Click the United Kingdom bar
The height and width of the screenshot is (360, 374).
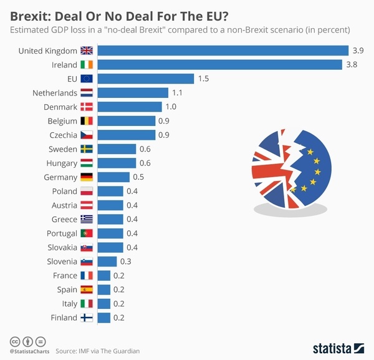pos(223,51)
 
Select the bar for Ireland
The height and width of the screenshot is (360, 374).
pos(220,64)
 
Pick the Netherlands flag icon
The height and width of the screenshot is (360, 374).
pos(87,93)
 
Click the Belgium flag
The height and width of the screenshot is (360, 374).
pos(87,121)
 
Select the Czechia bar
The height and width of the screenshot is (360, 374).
pos(127,135)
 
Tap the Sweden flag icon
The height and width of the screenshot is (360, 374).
pos(87,149)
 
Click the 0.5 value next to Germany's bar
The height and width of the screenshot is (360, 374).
pos(139,177)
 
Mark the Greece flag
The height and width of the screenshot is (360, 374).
pos(87,219)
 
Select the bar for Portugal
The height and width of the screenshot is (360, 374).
pos(110,233)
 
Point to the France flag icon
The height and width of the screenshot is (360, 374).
pos(87,275)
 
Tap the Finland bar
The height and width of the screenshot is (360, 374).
pos(104,318)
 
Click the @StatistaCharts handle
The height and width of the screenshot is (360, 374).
pos(29,352)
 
